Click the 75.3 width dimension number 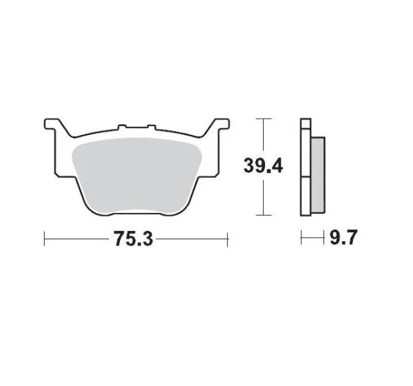(133, 238)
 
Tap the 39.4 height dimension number (263, 166)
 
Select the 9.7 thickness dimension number (343, 237)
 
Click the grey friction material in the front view (137, 176)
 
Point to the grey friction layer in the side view (318, 175)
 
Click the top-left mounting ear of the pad (53, 124)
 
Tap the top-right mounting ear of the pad (221, 124)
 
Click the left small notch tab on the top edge (122, 127)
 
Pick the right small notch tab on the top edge (151, 127)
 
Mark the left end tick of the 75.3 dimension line (44, 239)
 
